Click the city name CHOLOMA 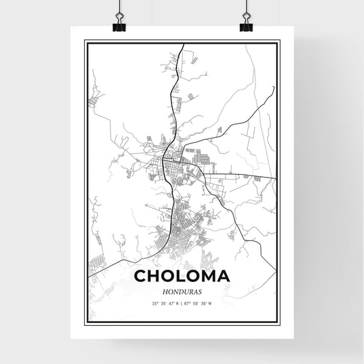click(x=182, y=277)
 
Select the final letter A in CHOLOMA click(x=223, y=277)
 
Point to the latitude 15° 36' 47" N click(x=165, y=303)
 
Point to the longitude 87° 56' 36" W click(x=199, y=303)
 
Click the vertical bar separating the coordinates click(x=182, y=303)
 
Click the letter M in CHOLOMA click(x=206, y=277)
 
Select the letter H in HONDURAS click(x=165, y=292)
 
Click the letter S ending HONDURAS click(x=199, y=292)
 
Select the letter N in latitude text click(x=177, y=303)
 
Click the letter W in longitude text click(x=211, y=303)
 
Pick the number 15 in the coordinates click(x=154, y=303)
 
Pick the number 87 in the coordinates click(x=187, y=303)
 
